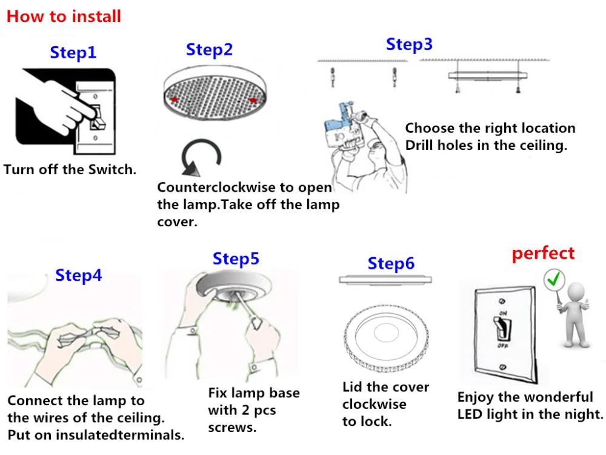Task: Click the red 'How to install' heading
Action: [64, 16]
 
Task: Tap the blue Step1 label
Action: [73, 52]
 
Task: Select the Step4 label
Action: [79, 275]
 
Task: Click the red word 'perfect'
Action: [543, 253]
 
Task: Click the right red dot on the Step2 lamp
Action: [253, 99]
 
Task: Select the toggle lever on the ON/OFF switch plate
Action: [502, 331]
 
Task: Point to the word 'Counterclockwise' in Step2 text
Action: [215, 187]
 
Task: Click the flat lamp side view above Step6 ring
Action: [386, 280]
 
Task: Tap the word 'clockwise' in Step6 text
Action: [374, 404]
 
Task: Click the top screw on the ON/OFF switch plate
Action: [502, 302]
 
